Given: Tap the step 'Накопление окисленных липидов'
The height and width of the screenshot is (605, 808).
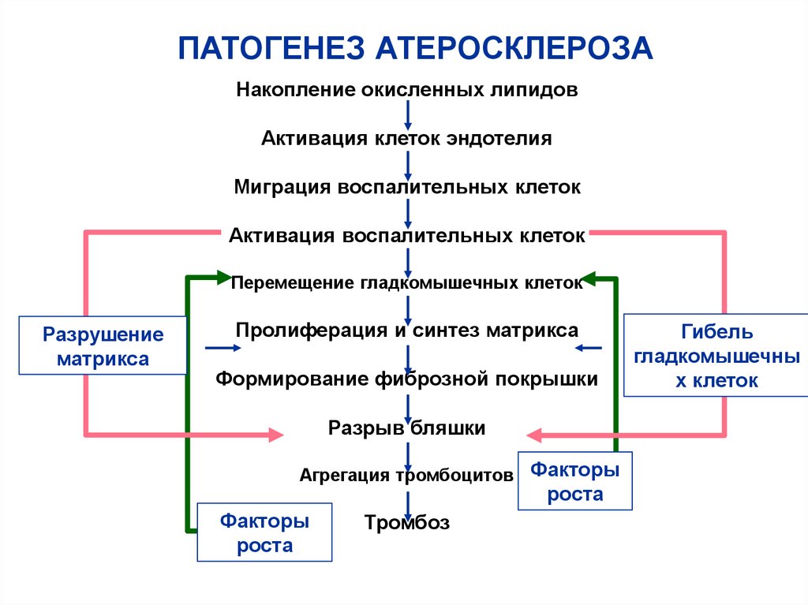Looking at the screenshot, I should (x=407, y=90).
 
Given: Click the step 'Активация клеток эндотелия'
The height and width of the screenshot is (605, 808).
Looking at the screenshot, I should (x=407, y=139).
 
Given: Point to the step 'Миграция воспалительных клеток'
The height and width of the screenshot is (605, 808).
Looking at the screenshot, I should (x=407, y=188).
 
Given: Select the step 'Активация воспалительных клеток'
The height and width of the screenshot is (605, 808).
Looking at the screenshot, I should (x=407, y=236).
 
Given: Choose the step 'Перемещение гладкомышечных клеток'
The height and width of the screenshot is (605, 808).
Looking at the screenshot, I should (x=407, y=282).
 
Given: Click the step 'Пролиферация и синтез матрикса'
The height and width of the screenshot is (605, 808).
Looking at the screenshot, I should (x=407, y=331).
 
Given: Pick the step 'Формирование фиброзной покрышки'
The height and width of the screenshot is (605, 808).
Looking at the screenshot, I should (x=407, y=379).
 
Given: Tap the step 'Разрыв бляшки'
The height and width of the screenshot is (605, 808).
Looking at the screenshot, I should (x=407, y=428).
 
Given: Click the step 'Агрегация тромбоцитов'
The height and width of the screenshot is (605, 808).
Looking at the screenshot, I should (x=407, y=475).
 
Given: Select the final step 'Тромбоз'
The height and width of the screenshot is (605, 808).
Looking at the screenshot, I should (x=407, y=521).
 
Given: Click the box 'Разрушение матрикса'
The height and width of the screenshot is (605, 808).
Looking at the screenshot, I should (x=103, y=346).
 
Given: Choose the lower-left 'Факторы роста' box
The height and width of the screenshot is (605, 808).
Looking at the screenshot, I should (x=264, y=532).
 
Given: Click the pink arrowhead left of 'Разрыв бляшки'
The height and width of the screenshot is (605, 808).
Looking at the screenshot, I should (x=275, y=433).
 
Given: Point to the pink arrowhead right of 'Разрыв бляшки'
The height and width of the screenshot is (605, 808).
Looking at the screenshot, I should (x=534, y=433).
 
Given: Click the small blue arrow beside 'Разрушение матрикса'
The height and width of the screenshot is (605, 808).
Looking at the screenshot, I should (x=220, y=347).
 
